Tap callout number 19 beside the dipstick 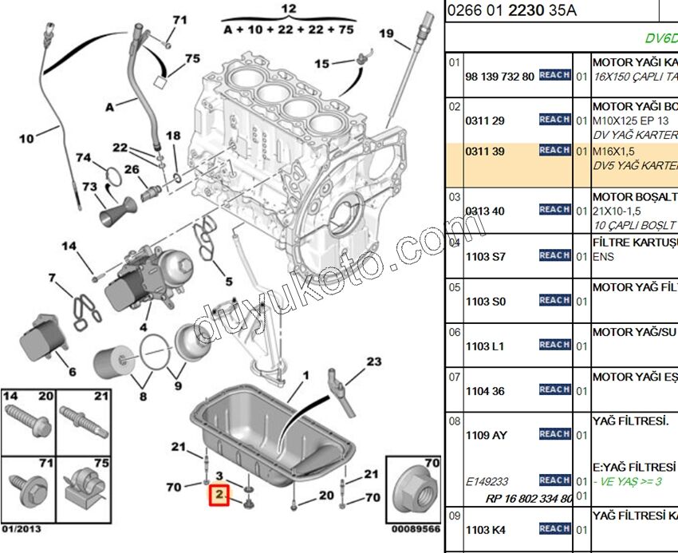click(x=387, y=34)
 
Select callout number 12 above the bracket click(x=289, y=9)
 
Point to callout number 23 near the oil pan click(x=374, y=361)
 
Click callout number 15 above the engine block click(x=321, y=63)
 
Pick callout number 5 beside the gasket click(x=228, y=281)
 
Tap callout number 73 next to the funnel click(x=89, y=187)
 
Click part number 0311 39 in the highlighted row click(x=486, y=152)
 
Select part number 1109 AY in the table click(x=487, y=436)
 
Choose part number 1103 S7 click(x=487, y=257)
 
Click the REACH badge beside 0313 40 click(x=554, y=209)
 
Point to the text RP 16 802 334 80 click(x=529, y=499)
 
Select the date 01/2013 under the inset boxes click(x=22, y=528)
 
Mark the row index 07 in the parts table click(x=454, y=376)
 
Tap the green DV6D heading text click(x=661, y=38)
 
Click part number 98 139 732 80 click(x=499, y=77)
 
